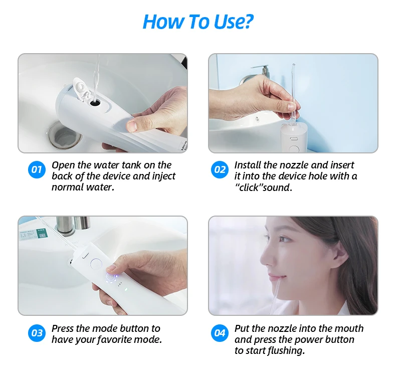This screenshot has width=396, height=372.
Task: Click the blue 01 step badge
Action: point(37,169)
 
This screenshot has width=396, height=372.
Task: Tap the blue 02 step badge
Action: point(220,169)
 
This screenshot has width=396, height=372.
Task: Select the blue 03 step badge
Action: point(37,333)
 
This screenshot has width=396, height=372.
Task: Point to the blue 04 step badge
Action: point(220,333)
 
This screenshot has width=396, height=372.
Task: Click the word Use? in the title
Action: point(234,22)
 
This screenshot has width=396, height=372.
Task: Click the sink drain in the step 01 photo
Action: point(65,136)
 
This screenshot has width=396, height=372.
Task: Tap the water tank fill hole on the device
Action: point(95,103)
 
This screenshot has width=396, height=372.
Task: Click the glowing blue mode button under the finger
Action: point(111,277)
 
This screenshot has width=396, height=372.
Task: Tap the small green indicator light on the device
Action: point(126,290)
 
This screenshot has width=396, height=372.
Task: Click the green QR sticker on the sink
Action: point(42,234)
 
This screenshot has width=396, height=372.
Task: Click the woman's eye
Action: point(285,239)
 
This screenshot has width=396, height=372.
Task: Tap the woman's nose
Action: point(265,257)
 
